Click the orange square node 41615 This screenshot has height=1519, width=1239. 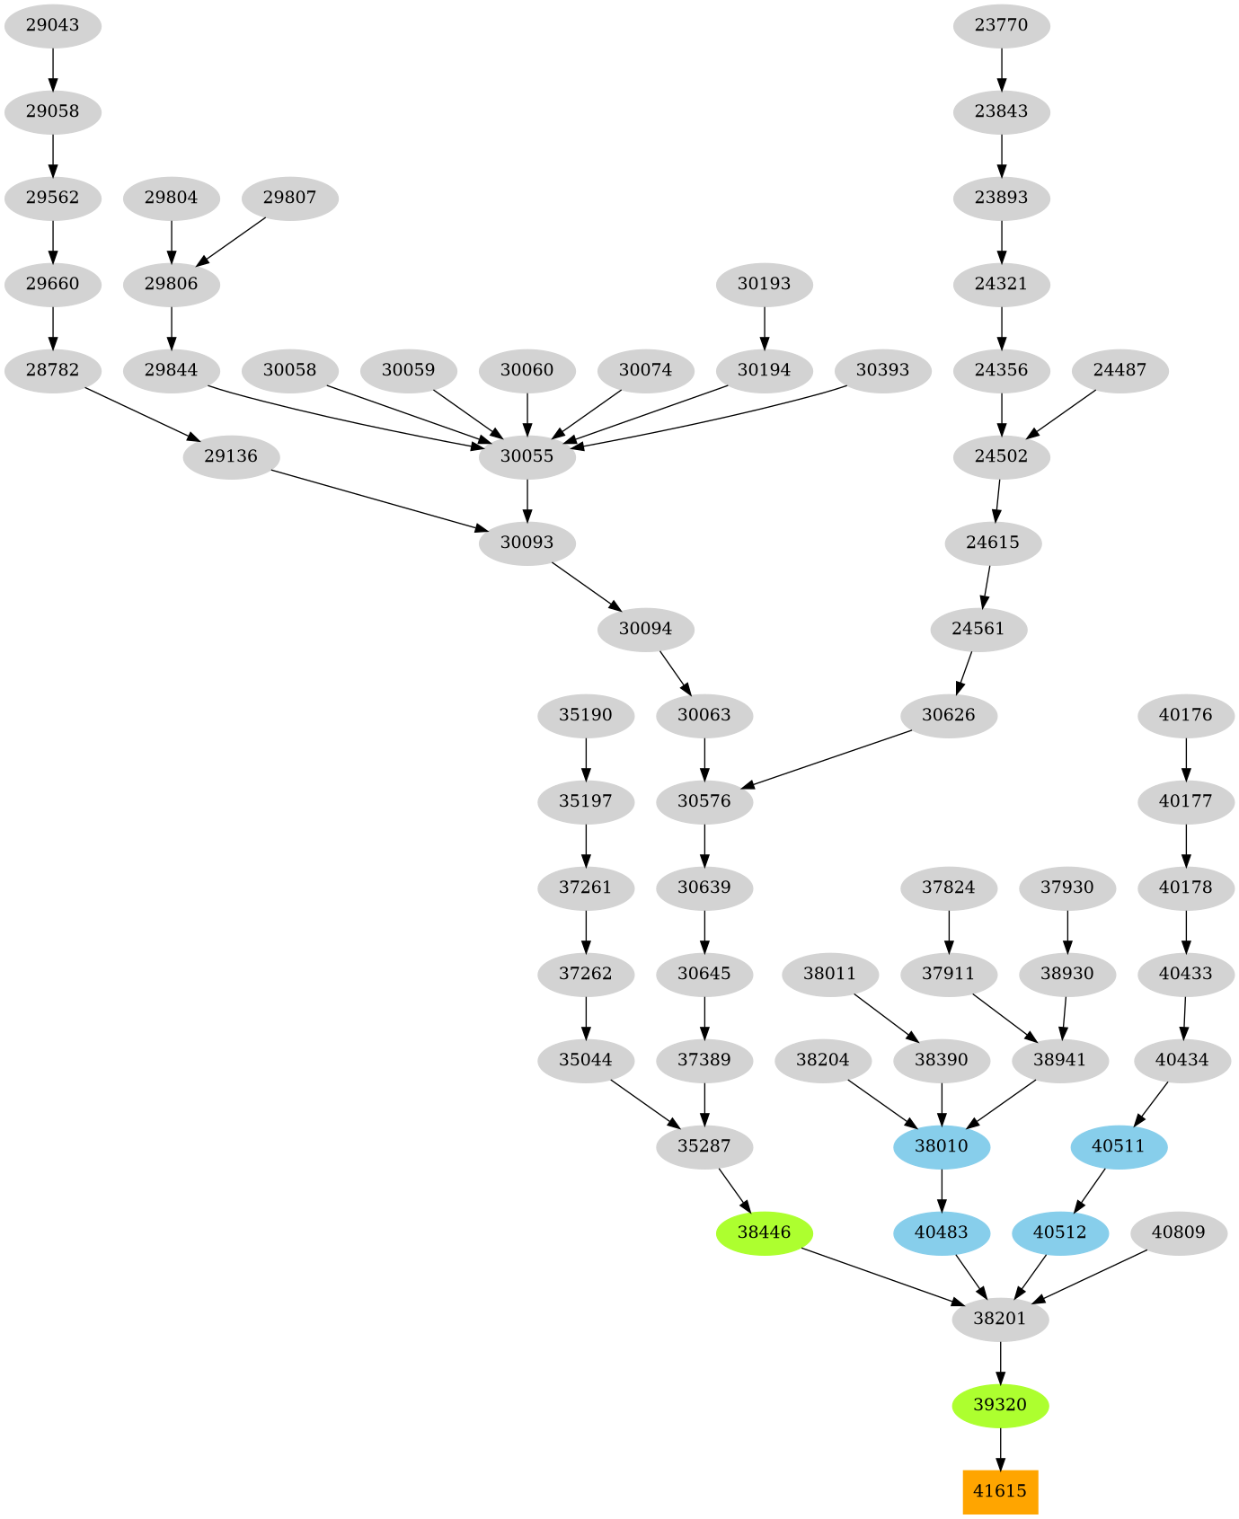tap(1000, 1491)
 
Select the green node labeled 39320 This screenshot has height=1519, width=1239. tap(1000, 1405)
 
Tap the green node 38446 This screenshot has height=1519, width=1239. tap(764, 1232)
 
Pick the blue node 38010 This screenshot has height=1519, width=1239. tap(942, 1146)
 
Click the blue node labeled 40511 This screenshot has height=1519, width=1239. tap(1119, 1146)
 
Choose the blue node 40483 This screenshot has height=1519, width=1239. tap(942, 1232)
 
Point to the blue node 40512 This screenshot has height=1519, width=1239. tap(1059, 1232)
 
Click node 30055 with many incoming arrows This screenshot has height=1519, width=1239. tap(527, 456)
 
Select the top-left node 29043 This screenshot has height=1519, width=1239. tap(52, 25)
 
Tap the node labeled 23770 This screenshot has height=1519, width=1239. tap(1001, 25)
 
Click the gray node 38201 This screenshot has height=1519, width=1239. tap(1000, 1319)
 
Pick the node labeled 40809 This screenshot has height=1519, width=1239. tap(1178, 1232)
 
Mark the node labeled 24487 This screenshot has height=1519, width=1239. tap(1120, 370)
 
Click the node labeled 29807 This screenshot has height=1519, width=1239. tap(289, 198)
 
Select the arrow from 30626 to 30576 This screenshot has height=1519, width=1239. tap(831, 760)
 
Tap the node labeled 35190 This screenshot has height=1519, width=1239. tap(586, 715)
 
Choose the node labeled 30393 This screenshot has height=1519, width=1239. tap(882, 370)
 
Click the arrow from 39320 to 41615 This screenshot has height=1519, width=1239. tap(1000, 1449)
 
